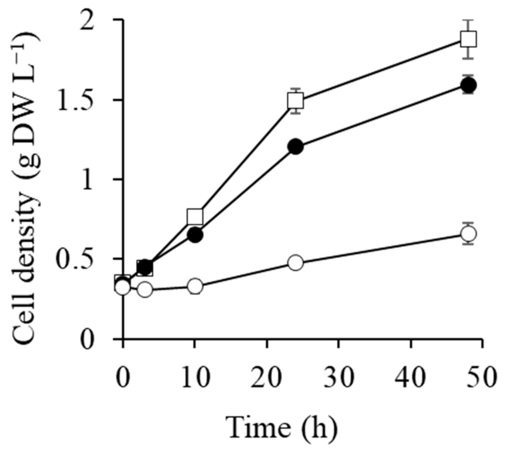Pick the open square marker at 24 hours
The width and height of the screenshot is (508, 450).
[x=295, y=100]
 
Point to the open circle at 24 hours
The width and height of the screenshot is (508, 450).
[x=295, y=263]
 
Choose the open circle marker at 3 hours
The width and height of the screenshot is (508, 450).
[x=145, y=289]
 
